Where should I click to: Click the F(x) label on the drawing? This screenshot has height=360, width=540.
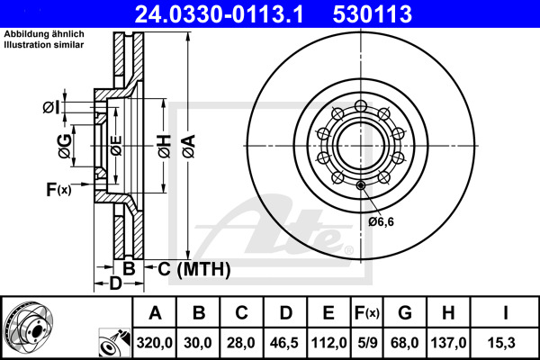pyautogui.click(x=58, y=189)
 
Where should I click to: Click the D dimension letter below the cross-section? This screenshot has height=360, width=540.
pyautogui.click(x=114, y=284)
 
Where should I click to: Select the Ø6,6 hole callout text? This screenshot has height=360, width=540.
pyautogui.click(x=382, y=220)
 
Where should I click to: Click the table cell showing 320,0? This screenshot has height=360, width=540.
pyautogui.click(x=155, y=343)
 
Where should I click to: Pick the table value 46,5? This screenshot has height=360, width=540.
pyautogui.click(x=285, y=343)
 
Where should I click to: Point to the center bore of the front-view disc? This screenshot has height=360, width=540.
pyautogui.click(x=359, y=143)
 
